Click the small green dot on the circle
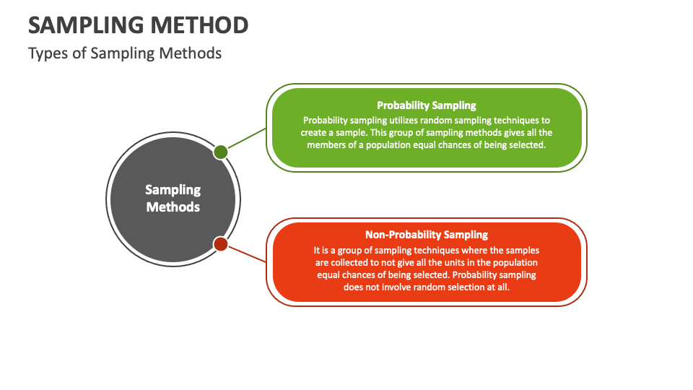click(x=221, y=152)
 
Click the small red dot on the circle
click(x=221, y=243)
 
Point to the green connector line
click(x=247, y=139)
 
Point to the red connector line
click(x=247, y=254)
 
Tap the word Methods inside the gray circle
click(x=173, y=207)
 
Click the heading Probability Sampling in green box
click(x=427, y=105)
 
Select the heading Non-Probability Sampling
click(x=427, y=235)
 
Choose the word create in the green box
click(x=313, y=133)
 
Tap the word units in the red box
click(x=454, y=263)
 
